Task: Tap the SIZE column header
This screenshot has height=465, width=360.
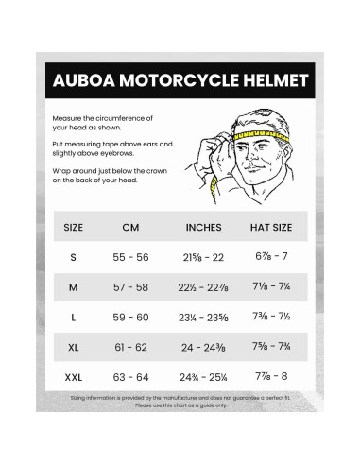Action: coord(73,228)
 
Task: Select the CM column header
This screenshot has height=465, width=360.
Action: coord(132,228)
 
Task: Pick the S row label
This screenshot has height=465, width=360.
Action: coord(73,257)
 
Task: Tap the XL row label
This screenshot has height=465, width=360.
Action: coord(73,348)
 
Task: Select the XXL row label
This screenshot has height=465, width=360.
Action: coord(73,378)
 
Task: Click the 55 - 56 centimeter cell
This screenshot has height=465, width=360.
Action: coord(132,257)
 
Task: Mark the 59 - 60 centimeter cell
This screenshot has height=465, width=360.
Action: coord(132,318)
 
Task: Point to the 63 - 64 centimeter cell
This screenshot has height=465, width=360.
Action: coord(132,378)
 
